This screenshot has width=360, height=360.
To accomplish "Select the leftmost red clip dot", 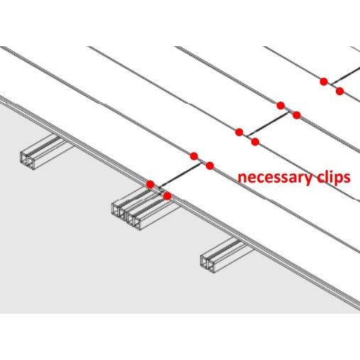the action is (x=151, y=185).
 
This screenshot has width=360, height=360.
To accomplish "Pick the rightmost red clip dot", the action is (x=339, y=91).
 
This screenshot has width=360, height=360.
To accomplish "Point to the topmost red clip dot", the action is (x=324, y=82).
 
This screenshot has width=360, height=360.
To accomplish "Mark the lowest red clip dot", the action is (x=168, y=196).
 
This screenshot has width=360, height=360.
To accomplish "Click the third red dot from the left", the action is (x=194, y=156).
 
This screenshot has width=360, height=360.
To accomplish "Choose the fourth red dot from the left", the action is (x=210, y=165).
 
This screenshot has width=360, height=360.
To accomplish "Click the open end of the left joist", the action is (x=27, y=160).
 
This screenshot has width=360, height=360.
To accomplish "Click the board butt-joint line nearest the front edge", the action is (x=180, y=175).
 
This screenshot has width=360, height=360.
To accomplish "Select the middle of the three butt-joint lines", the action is (x=268, y=124).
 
